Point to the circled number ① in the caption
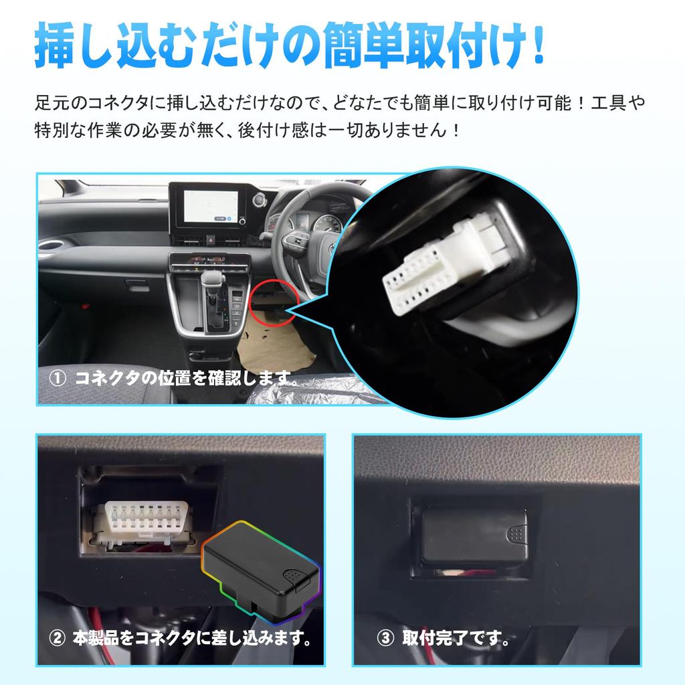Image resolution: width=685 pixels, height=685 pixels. click(x=58, y=379)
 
